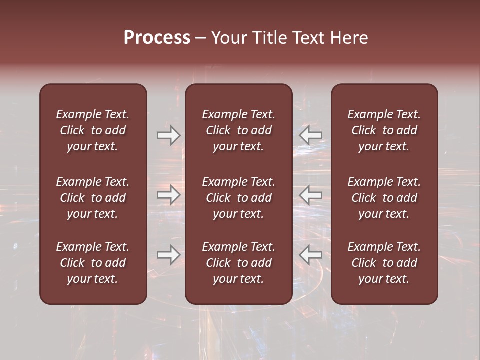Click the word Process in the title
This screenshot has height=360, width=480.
pyautogui.click(x=157, y=38)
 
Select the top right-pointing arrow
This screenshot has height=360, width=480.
pyautogui.click(x=168, y=135)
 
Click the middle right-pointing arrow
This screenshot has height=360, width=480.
pyautogui.click(x=168, y=195)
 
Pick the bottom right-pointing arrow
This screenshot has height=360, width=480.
pyautogui.click(x=168, y=255)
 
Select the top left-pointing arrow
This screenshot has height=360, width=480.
pyautogui.click(x=311, y=135)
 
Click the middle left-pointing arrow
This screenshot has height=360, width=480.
pyautogui.click(x=311, y=195)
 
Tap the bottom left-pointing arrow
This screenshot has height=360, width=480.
pyautogui.click(x=311, y=255)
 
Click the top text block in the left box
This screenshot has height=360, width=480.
pyautogui.click(x=93, y=130)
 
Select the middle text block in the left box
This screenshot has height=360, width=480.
pyautogui.click(x=93, y=198)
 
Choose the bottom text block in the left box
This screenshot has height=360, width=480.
pyautogui.click(x=93, y=263)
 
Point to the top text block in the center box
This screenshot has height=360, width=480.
pyautogui.click(x=239, y=130)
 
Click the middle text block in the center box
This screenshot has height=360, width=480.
pyautogui.click(x=239, y=198)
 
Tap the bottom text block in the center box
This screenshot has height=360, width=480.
pyautogui.click(x=239, y=263)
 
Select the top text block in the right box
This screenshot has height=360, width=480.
pyautogui.click(x=384, y=130)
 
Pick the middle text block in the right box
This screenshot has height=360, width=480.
pyautogui.click(x=384, y=198)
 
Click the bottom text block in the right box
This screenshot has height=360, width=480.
pyautogui.click(x=384, y=263)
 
